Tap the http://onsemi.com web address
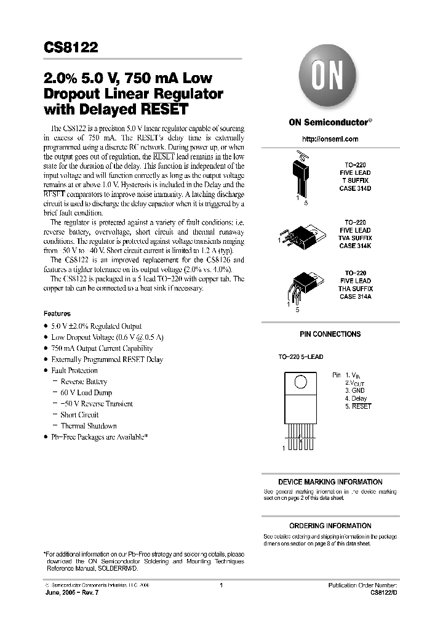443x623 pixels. click(330, 139)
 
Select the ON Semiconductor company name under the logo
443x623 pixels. click(330, 122)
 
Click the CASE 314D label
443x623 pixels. click(356, 188)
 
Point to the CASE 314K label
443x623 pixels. click(356, 246)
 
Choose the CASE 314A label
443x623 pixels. click(356, 297)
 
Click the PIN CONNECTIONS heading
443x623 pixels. click(330, 334)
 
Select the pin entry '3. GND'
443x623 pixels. click(355, 390)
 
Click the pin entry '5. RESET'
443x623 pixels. click(358, 406)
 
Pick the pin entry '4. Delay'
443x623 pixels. click(356, 398)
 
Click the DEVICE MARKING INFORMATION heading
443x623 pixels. click(330, 482)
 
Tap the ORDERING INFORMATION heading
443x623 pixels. click(330, 526)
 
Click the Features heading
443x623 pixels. click(57, 313)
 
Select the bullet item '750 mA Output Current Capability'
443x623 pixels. click(102, 348)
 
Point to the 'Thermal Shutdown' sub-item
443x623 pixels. click(89, 426)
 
